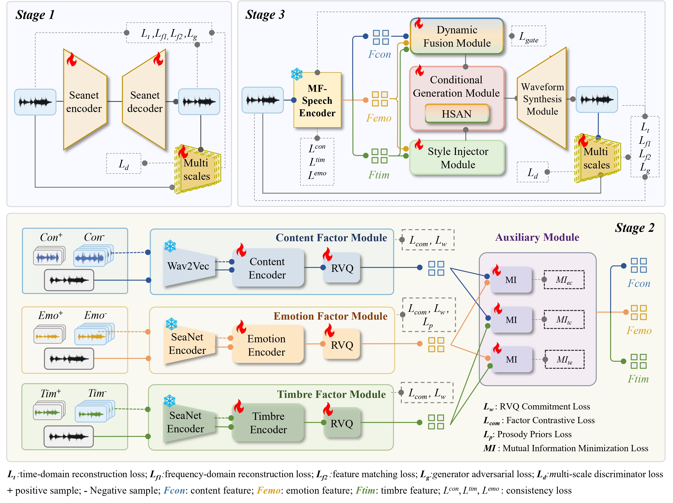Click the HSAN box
(x=456, y=114)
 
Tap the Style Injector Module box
(x=457, y=158)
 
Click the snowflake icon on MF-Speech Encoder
(x=297, y=74)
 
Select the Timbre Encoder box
(x=268, y=423)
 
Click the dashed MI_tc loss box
(x=564, y=319)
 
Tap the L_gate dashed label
(x=528, y=36)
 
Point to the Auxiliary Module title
(x=537, y=237)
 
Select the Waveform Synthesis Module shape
(x=542, y=99)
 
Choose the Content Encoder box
(x=267, y=268)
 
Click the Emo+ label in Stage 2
(x=50, y=315)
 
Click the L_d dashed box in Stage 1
(x=123, y=164)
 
